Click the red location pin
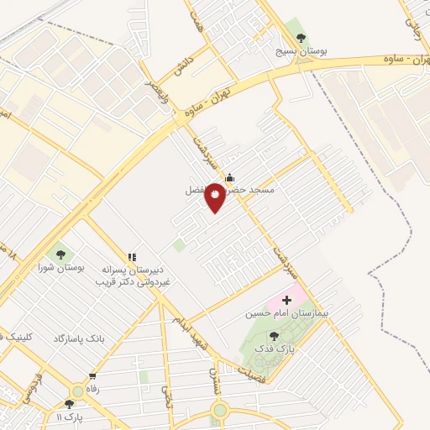click(215, 198)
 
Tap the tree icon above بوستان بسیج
click(302, 37)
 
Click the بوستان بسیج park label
click(302, 51)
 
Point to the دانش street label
click(183, 60)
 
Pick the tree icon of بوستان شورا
click(60, 253)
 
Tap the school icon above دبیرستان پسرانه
click(132, 257)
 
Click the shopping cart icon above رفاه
click(91, 376)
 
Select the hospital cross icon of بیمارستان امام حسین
click(287, 298)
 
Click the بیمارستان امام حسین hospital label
click(280, 313)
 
